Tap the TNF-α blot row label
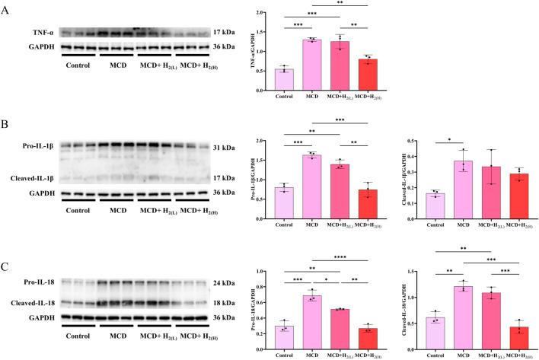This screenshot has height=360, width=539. [x=40, y=33]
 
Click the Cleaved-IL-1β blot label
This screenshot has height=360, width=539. [x=28, y=178]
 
